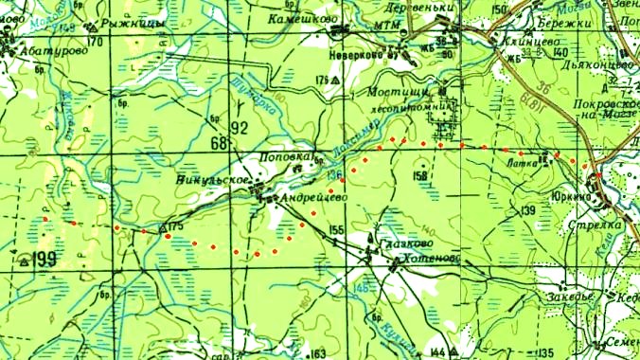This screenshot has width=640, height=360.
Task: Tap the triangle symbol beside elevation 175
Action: click(x=163, y=228)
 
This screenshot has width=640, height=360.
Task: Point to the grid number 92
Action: click(x=238, y=127)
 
